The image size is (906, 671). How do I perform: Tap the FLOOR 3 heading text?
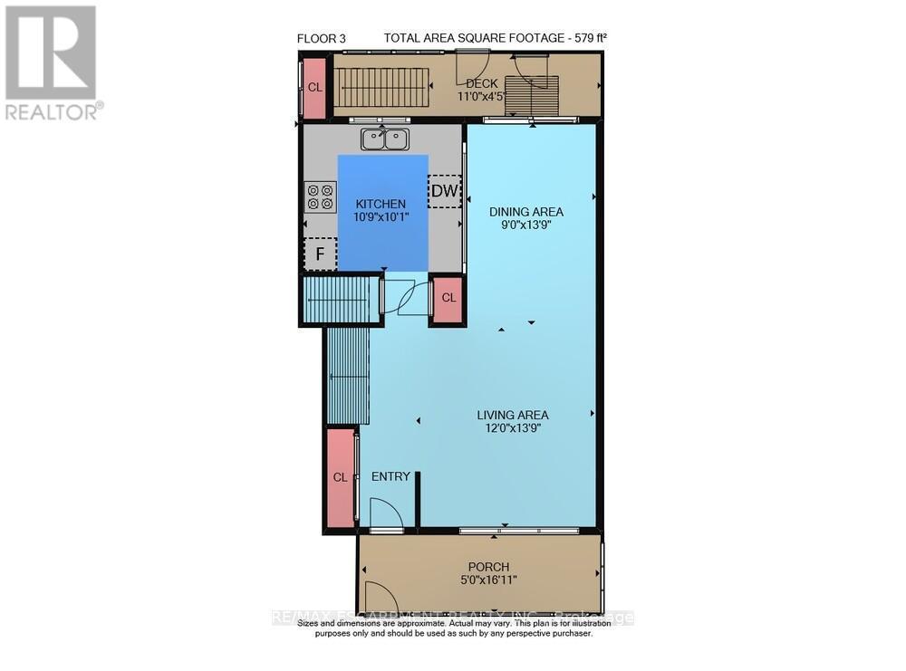click(x=322, y=37)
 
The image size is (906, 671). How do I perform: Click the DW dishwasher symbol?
click(x=444, y=191)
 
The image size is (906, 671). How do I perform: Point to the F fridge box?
click(x=319, y=254)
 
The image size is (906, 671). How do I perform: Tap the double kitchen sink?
click(x=385, y=139)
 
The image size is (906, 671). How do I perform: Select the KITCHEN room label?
click(x=381, y=204)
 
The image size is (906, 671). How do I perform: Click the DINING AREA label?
click(x=520, y=212)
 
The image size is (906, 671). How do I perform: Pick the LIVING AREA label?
click(x=513, y=416)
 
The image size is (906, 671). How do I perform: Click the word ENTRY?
click(x=390, y=476)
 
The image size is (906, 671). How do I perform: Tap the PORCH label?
click(x=488, y=567)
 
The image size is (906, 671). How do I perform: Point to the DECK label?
click(x=482, y=83)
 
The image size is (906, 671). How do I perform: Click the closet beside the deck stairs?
click(x=314, y=87)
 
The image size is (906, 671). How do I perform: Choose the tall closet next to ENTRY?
click(x=340, y=477)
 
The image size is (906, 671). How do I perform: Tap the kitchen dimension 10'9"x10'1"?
click(x=381, y=217)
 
